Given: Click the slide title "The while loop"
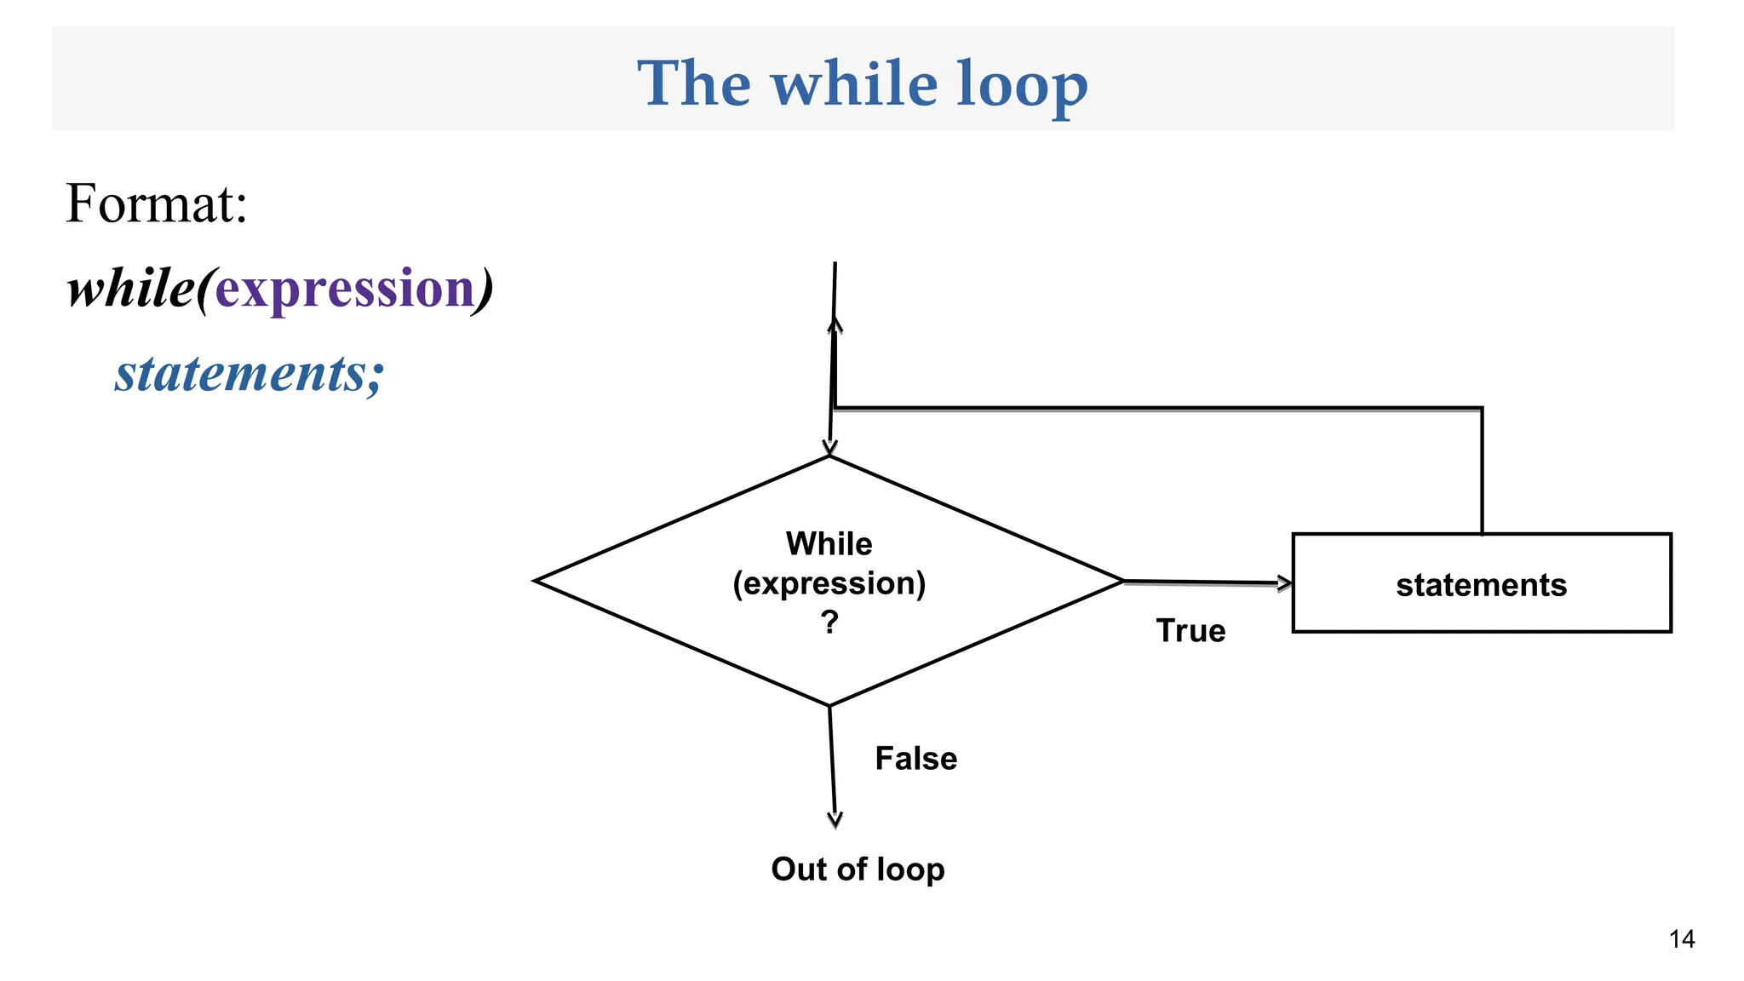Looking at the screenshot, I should [862, 83].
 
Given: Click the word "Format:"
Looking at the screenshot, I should [157, 204].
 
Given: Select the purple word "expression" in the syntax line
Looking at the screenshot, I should [345, 289].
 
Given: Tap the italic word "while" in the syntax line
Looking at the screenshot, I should [131, 289].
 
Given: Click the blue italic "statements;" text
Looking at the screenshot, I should [250, 373].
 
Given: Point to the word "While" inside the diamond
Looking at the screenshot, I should [829, 543].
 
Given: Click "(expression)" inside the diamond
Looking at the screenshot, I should [829, 583].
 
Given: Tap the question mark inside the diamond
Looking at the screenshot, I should [829, 622].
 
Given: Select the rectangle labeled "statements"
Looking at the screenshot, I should [1481, 583].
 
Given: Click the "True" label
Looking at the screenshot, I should [1190, 631].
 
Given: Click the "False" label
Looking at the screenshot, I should [915, 759].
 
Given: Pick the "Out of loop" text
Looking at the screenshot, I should [858, 869].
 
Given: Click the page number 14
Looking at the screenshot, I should [1682, 939].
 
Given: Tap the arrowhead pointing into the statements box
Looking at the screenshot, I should [1284, 583].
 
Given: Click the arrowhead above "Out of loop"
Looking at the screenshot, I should [835, 819].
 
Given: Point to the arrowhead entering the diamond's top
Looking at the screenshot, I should [829, 448].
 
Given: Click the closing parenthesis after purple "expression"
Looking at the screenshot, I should [484, 289].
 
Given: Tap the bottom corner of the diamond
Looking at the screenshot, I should [829, 704].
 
